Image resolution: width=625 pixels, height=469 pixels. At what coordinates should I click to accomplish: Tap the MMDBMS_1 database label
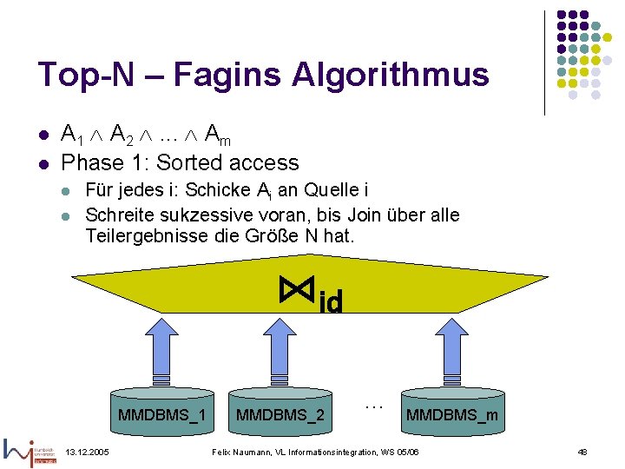(161, 414)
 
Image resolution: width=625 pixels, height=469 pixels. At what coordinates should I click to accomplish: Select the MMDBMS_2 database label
(280, 414)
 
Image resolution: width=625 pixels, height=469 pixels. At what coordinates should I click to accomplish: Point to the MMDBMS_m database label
(451, 415)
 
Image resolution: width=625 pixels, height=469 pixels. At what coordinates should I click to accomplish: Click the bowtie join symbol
(298, 288)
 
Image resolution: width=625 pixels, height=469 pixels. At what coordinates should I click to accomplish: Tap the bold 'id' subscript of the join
(331, 301)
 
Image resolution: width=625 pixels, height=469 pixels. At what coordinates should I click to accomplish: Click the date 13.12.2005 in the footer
(88, 452)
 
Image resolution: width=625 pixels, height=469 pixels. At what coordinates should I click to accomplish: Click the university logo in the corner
(31, 451)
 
